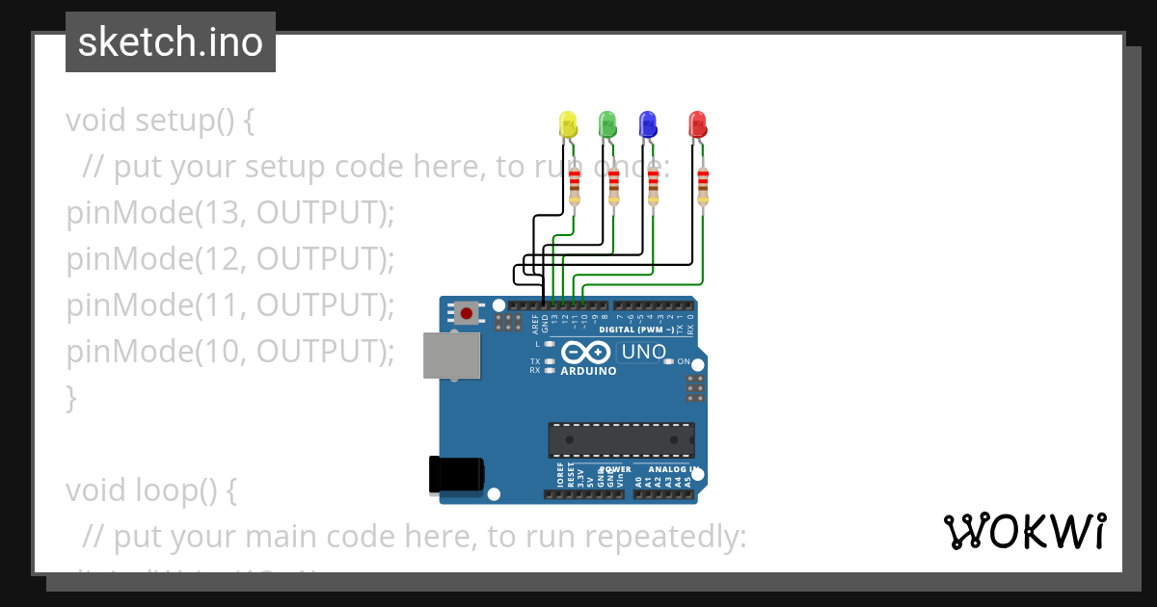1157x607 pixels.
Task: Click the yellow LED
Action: [x=568, y=124]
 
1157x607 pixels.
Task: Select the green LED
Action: [x=607, y=124]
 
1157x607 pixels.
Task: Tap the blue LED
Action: [x=648, y=124]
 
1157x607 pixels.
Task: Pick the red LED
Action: [x=697, y=124]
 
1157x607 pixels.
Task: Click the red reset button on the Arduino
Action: [x=468, y=312]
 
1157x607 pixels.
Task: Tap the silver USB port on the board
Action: [x=451, y=356]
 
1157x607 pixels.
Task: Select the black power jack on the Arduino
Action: [x=456, y=475]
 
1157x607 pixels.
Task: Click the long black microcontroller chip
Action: [x=621, y=439]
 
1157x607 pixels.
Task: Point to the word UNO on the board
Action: [x=643, y=352]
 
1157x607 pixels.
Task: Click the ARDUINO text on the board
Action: [x=588, y=371]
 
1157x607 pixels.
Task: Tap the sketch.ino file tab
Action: [x=171, y=42]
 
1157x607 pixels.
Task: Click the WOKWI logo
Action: [x=1024, y=531]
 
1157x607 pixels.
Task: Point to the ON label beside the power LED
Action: [x=684, y=361]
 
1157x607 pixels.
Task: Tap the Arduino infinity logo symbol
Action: [x=586, y=353]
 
